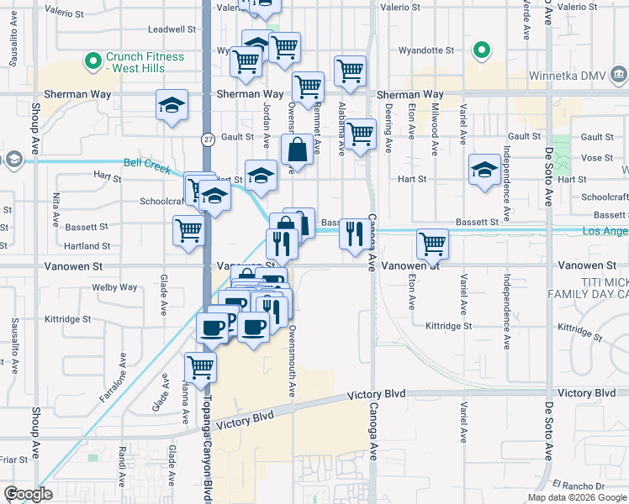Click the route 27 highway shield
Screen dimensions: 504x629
[207, 138]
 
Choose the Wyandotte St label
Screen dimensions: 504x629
[428, 50]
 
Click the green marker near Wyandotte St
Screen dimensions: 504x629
[480, 50]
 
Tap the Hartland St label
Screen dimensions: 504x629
[89, 246]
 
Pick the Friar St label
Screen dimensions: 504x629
[13, 459]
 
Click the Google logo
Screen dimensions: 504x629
[29, 494]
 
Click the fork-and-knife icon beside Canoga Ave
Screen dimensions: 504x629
[354, 233]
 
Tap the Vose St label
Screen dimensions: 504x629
[596, 157]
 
